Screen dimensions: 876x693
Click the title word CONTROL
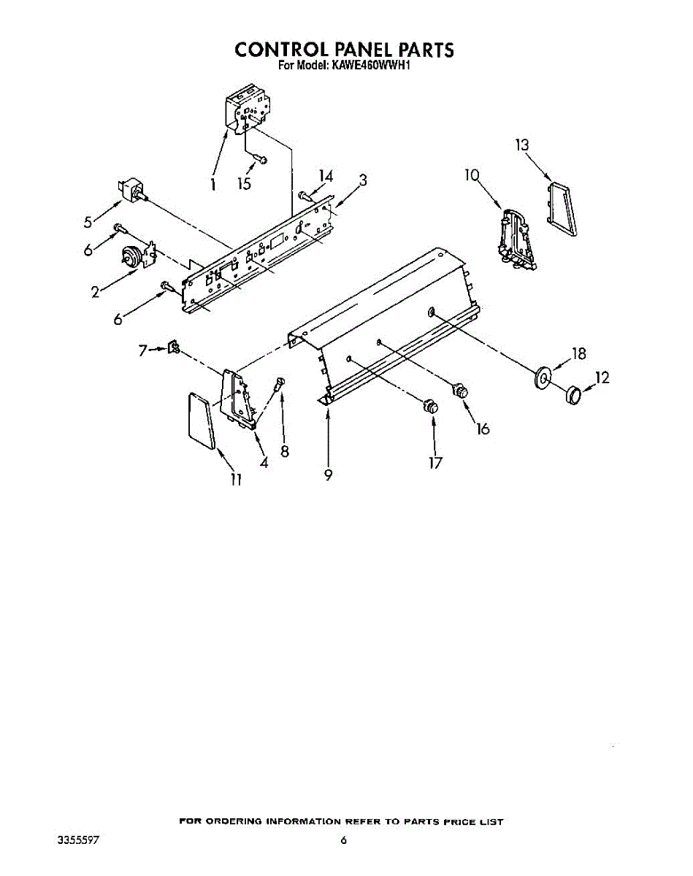(x=279, y=50)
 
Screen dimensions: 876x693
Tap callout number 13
(x=521, y=145)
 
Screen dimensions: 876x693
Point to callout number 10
(x=472, y=175)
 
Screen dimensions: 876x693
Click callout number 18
(x=579, y=354)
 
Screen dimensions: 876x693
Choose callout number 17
(x=436, y=463)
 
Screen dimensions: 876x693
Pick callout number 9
(x=329, y=474)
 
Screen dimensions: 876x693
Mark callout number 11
(x=236, y=479)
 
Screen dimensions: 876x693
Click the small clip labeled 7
(x=175, y=348)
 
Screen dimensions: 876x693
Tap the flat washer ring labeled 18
(x=543, y=377)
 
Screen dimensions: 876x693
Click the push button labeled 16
(x=460, y=391)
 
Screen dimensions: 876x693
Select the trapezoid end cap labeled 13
(x=560, y=210)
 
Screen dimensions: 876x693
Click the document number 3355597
(x=77, y=840)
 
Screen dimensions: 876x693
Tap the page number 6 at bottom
(x=342, y=840)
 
